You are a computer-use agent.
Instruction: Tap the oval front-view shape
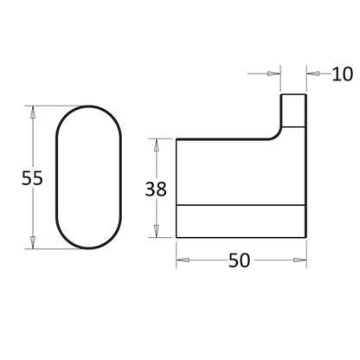[x=90, y=178]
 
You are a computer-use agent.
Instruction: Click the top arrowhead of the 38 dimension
[x=156, y=141]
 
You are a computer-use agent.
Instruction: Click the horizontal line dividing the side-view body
[x=241, y=205]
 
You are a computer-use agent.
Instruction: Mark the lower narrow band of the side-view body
[x=241, y=222]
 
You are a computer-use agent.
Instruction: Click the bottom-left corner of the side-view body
[x=178, y=239]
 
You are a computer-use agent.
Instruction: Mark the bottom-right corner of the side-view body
[x=305, y=239]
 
